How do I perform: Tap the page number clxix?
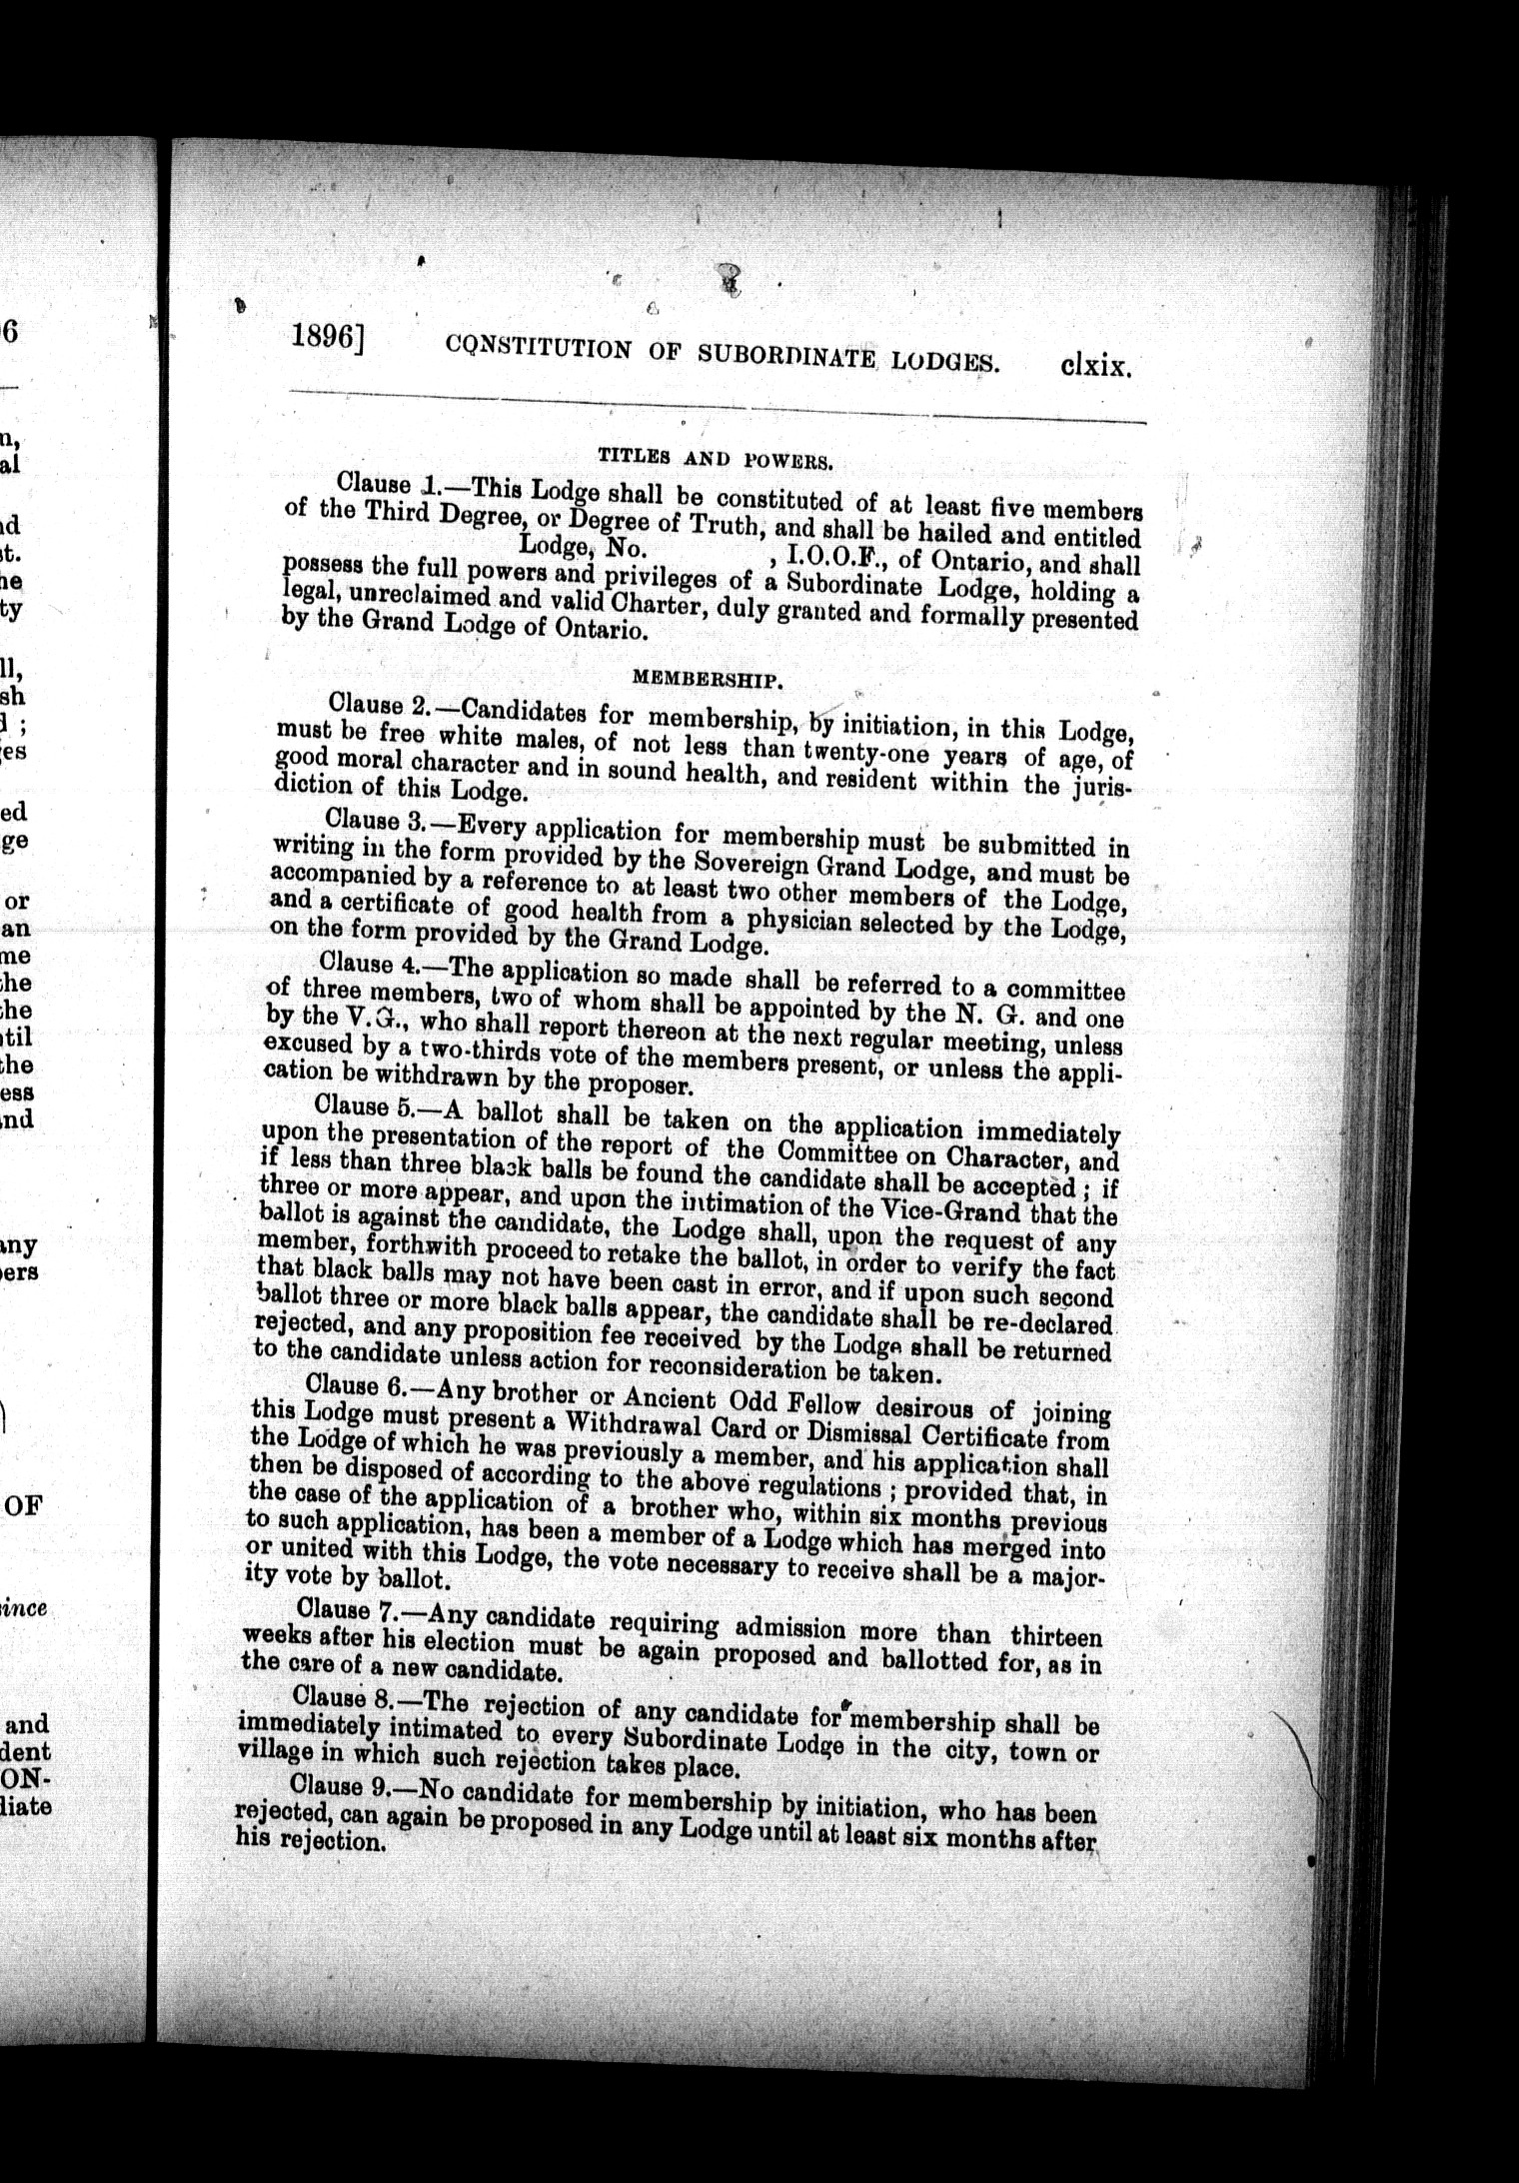point(1095,368)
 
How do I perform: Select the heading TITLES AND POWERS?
point(716,459)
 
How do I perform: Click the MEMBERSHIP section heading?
point(707,680)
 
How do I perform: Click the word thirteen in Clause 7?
point(1056,1637)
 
